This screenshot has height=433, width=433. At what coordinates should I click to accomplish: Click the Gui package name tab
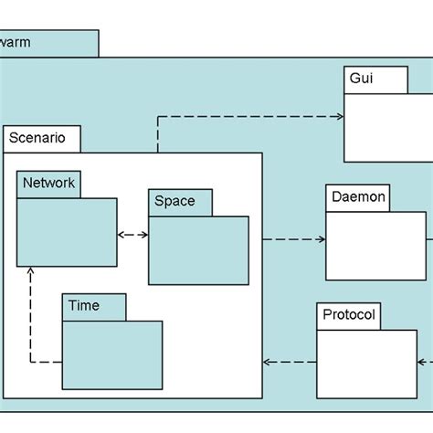pyautogui.click(x=375, y=79)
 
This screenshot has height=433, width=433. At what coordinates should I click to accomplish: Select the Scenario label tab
pyautogui.click(x=41, y=139)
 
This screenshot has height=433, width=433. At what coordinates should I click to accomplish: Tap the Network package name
pyautogui.click(x=48, y=184)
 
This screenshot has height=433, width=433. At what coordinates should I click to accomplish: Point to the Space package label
pyautogui.click(x=180, y=202)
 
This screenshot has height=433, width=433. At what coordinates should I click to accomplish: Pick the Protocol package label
pyautogui.click(x=349, y=316)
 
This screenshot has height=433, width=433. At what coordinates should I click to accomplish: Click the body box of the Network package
pyautogui.click(x=67, y=232)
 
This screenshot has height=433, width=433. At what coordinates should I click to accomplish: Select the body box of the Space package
pyautogui.click(x=198, y=250)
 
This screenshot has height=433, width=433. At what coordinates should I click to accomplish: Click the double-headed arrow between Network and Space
pyautogui.click(x=132, y=235)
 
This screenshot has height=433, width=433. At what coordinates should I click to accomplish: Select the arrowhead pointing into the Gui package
pyautogui.click(x=339, y=117)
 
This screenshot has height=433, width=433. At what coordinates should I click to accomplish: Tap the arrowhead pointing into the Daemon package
pyautogui.click(x=321, y=240)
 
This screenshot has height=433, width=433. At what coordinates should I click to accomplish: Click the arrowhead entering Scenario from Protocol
pyautogui.click(x=269, y=363)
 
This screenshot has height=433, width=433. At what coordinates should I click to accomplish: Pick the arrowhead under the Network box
pyautogui.click(x=31, y=271)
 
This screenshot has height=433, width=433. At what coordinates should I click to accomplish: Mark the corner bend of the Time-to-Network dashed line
pyautogui.click(x=31, y=363)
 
